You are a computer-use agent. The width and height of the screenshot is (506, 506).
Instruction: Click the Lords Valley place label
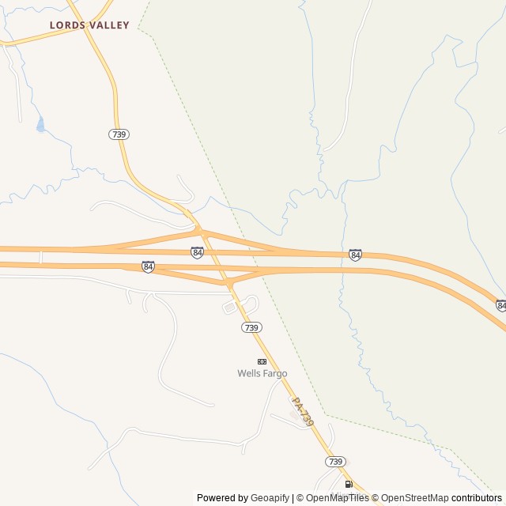coord(89,25)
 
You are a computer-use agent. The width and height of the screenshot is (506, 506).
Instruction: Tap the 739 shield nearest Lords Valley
coord(119,134)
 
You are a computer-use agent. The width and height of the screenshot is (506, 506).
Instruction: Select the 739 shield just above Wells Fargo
coord(251,327)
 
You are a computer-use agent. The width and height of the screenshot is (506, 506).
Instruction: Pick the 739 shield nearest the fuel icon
coord(334,461)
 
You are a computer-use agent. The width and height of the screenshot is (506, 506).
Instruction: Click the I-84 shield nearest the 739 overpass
coord(197,252)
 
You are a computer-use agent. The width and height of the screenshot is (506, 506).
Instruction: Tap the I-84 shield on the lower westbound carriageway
coord(148,266)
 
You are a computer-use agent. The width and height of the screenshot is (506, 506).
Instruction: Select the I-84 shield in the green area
coord(355,255)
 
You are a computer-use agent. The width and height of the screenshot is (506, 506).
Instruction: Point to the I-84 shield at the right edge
coord(501,305)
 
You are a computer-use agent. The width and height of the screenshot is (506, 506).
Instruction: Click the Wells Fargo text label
coord(262,373)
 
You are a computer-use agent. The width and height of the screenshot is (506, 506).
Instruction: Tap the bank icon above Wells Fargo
coord(262,361)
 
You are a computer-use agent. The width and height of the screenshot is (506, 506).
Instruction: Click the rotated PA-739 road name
coord(303,412)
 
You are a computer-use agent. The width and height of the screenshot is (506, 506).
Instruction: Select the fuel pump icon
coord(348,484)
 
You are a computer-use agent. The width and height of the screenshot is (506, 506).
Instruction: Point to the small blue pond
coord(40,124)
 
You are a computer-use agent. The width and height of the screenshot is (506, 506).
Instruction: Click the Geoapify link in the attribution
coord(270,498)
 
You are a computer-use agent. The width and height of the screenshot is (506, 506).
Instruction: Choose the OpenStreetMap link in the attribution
coord(415,498)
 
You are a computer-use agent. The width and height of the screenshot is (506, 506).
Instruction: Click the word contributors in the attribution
coord(477,498)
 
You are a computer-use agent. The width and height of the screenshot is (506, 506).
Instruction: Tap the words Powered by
coord(222,498)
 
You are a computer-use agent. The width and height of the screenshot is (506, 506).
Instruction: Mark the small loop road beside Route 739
coord(241,304)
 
